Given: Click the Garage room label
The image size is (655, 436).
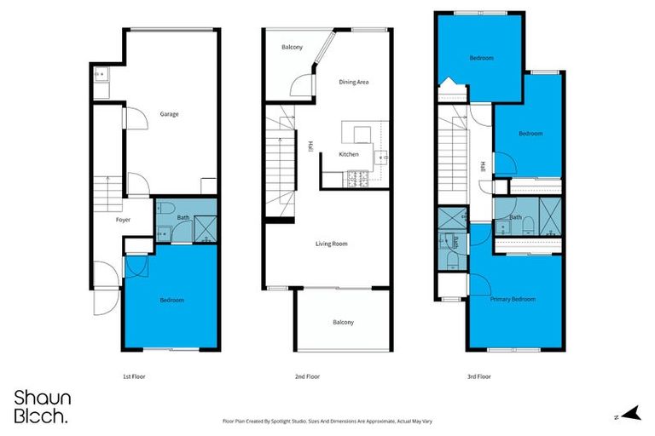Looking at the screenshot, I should click(169, 113).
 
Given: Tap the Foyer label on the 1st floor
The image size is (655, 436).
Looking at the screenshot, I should click(124, 220).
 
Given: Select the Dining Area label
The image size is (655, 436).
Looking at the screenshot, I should click(353, 82).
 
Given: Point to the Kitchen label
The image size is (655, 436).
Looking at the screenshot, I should click(349, 154).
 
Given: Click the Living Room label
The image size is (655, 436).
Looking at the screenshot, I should click(331, 244).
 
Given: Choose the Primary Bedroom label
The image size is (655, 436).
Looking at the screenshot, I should click(513, 300).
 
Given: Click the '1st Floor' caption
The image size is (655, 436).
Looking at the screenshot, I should click(134, 376).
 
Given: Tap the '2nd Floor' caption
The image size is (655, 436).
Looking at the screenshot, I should click(307, 376).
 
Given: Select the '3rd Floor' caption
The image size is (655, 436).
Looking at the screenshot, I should click(479, 376).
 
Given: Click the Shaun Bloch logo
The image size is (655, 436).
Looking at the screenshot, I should click(43, 406).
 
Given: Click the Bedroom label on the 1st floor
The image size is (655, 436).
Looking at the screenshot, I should click(171, 300).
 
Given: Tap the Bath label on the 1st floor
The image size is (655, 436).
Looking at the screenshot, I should click(183, 218).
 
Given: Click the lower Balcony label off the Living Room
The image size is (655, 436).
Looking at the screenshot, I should click(343, 322).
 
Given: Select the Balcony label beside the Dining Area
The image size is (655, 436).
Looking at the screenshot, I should click(292, 47).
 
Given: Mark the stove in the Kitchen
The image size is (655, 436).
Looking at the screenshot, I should click(356, 179).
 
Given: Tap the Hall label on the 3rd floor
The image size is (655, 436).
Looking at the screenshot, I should click(482, 166).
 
